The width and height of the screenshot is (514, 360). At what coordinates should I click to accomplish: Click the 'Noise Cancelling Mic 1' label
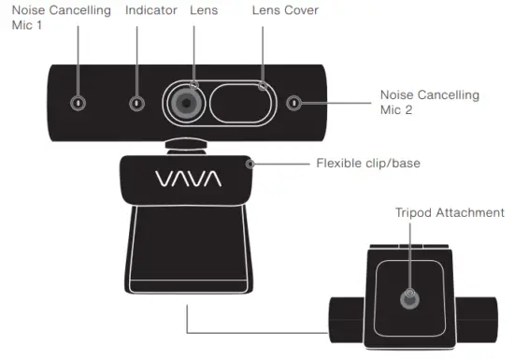coord(55,18)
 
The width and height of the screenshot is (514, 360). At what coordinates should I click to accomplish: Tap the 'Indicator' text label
coord(150,10)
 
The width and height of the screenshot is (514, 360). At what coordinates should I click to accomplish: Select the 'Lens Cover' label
coord(285,10)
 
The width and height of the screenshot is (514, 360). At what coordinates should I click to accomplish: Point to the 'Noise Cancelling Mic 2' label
coord(429,103)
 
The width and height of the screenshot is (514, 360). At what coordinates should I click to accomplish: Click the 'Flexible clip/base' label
coord(368,163)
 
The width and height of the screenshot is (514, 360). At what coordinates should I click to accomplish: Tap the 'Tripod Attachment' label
coord(449,212)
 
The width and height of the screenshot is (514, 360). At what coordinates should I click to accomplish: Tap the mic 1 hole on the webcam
coord(78,103)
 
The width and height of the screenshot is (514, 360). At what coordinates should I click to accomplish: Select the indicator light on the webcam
coord(138,103)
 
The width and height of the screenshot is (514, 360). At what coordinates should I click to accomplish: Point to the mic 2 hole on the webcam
coord(295,103)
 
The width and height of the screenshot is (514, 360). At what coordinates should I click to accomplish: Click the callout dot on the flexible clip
coord(250,164)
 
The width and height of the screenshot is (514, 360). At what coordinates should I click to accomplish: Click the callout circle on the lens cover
coord(264,86)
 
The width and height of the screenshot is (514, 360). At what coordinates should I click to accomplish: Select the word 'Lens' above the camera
coord(203,10)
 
